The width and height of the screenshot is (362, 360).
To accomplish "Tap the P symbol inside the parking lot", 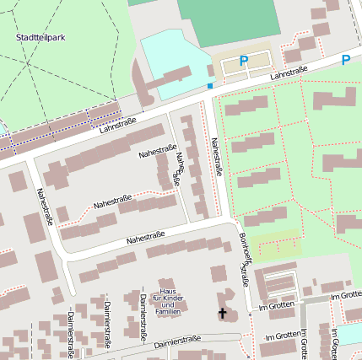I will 244,61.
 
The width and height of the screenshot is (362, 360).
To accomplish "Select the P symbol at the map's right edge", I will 346,60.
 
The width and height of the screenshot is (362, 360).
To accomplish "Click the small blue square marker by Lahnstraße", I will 210,86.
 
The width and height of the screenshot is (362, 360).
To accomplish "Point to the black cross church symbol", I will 224,314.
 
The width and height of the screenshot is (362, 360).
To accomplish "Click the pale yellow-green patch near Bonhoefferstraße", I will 278,244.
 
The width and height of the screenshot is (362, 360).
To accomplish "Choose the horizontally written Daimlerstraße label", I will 177,341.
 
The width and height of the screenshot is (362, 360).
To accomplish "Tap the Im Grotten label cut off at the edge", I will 347,296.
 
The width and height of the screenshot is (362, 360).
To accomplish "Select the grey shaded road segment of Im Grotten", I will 313,299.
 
